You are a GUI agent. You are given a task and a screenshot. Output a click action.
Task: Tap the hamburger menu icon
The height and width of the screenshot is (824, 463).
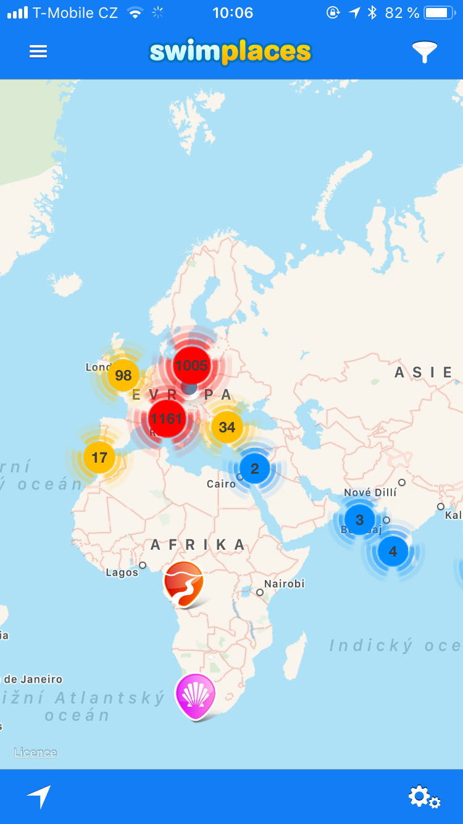38,52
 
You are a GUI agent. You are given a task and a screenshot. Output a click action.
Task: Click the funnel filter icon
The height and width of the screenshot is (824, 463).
425,52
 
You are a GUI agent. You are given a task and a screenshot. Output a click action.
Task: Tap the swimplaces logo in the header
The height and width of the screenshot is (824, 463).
230,53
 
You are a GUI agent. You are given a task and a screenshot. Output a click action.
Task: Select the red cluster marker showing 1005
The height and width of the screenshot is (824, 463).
191,365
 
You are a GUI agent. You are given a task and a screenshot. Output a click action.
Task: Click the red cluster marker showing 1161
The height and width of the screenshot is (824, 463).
167,419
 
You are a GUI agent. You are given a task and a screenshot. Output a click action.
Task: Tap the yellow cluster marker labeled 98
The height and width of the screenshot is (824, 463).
123,375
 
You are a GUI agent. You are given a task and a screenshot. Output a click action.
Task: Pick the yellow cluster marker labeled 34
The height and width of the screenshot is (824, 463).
227,427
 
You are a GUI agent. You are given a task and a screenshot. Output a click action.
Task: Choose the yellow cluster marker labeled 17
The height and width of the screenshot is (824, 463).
99,458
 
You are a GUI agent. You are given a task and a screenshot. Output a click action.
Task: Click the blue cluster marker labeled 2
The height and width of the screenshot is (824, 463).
254,468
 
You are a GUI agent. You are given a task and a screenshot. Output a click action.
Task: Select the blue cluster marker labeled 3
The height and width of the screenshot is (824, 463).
359,519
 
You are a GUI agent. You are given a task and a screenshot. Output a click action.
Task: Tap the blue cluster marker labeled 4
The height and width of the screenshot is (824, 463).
393,551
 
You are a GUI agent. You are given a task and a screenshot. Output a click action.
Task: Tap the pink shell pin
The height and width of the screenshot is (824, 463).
196,694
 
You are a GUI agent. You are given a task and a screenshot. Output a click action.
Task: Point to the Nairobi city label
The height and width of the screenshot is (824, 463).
284,584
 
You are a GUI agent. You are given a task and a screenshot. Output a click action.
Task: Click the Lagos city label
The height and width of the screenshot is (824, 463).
122,573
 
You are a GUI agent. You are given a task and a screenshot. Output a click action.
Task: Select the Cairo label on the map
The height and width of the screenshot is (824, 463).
221,484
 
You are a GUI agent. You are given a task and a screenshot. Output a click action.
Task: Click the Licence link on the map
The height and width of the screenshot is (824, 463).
36,752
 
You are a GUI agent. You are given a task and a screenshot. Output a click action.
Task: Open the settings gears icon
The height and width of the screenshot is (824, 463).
424,797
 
